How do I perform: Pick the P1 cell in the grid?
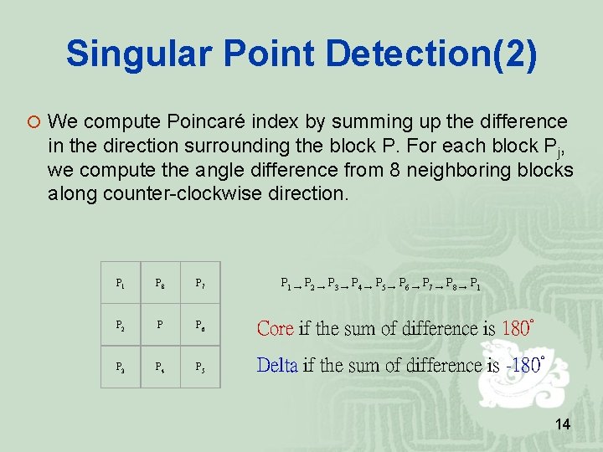[121, 284]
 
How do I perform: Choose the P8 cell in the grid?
[161, 284]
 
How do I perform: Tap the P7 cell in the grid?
[201, 284]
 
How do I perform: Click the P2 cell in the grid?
[121, 325]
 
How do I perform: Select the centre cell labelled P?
[161, 325]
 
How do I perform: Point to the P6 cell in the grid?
[201, 325]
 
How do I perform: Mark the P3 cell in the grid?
[121, 366]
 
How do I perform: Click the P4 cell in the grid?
[161, 366]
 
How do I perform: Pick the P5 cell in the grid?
[201, 366]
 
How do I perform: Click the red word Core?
[275, 328]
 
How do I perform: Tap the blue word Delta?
[276, 365]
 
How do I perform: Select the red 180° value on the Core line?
[518, 327]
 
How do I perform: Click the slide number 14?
[563, 425]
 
